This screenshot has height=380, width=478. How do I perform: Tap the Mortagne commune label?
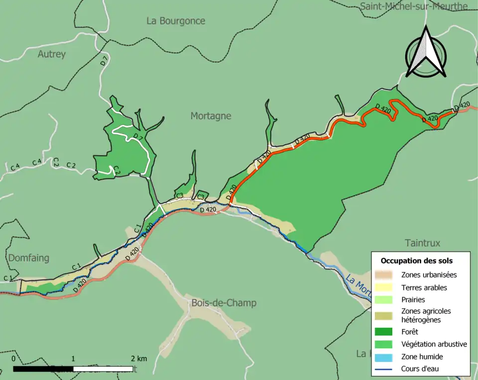click(211, 116)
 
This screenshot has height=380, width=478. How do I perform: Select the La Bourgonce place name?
click(176, 21)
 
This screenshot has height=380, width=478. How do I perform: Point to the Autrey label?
click(52, 54)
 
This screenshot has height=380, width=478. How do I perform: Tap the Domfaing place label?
click(28, 258)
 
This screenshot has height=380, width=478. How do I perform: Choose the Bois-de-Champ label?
click(224, 303)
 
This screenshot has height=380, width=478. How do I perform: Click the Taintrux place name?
click(422, 243)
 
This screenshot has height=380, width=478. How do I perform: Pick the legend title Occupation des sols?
click(417, 260)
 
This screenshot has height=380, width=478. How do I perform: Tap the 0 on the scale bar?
click(13, 359)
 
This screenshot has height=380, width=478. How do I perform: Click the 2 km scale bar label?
click(139, 359)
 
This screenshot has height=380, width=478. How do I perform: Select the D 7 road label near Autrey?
click(103, 61)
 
